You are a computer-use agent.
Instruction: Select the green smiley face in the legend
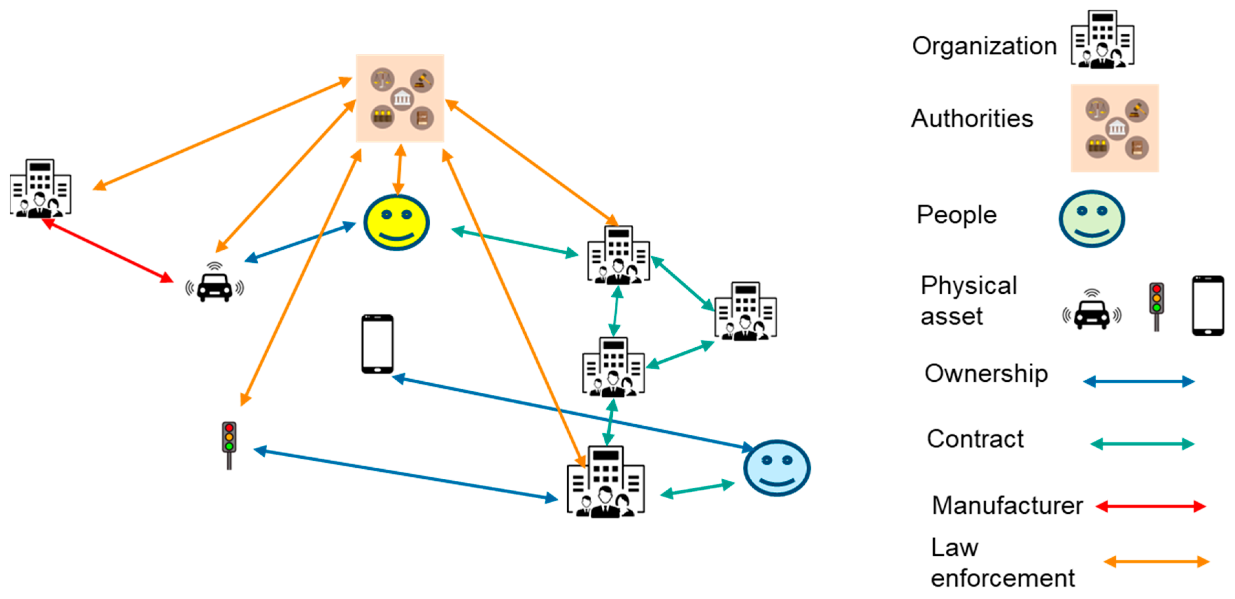click(1091, 218)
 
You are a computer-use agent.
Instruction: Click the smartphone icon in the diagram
click(377, 344)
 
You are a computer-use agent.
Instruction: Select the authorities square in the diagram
click(400, 99)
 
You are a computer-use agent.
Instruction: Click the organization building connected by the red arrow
click(40, 189)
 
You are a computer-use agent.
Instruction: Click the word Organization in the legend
click(984, 46)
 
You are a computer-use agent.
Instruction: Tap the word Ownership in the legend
click(986, 374)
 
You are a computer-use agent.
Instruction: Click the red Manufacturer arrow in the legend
click(1150, 506)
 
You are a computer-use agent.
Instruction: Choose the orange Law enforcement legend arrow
click(1156, 561)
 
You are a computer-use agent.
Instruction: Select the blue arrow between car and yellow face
click(300, 242)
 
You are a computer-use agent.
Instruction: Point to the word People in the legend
click(956, 215)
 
